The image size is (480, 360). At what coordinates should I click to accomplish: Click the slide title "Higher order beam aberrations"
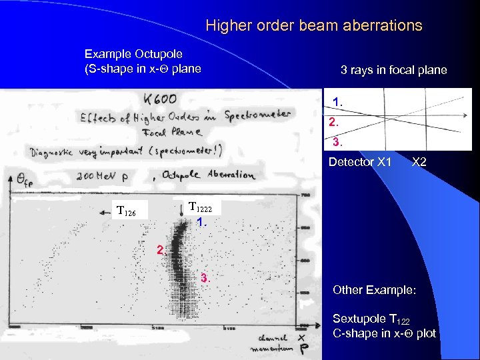click(x=314, y=26)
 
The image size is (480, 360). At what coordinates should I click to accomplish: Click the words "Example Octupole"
click(x=133, y=54)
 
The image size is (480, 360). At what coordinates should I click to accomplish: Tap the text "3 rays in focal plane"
click(x=393, y=70)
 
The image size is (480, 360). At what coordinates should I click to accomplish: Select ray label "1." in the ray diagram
click(x=338, y=102)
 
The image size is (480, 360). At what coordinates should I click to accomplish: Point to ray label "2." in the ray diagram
click(x=333, y=123)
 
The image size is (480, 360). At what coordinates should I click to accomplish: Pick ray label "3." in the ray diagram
click(x=338, y=142)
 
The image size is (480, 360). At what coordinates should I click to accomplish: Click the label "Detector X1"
click(x=360, y=161)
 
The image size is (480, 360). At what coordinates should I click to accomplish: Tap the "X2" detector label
click(x=420, y=161)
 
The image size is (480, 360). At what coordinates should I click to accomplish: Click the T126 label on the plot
click(x=126, y=212)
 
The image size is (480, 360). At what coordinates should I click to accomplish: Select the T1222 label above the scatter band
click(x=201, y=207)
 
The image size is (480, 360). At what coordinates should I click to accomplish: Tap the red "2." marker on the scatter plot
click(x=160, y=251)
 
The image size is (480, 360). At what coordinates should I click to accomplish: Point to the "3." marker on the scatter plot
click(x=205, y=278)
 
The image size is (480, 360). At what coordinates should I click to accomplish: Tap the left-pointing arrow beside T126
click(x=103, y=212)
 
